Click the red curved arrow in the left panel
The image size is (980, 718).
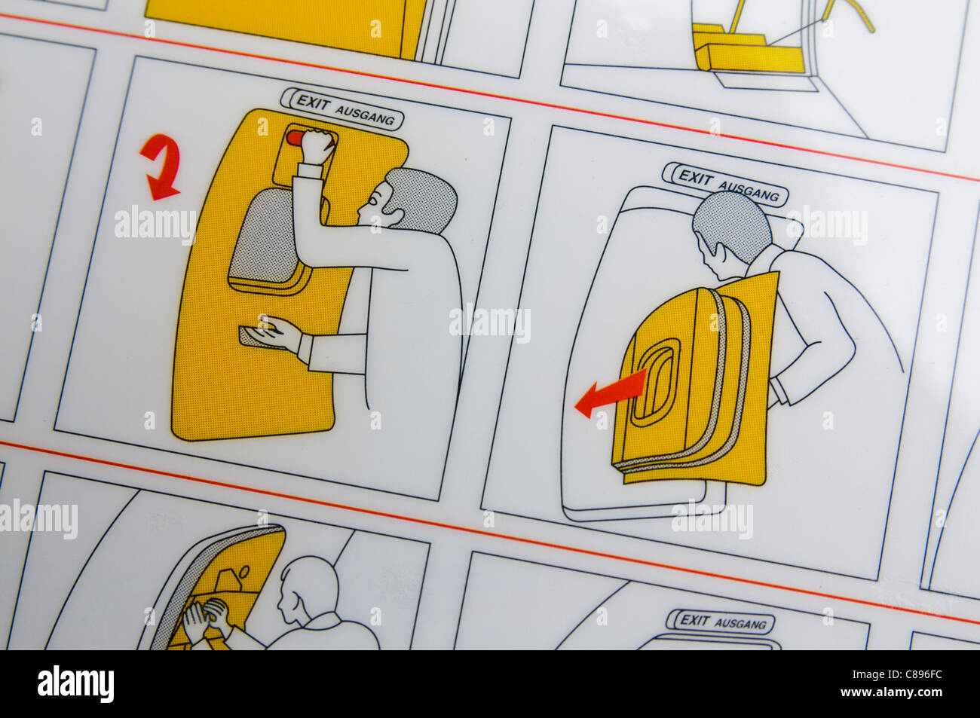coord(160,167)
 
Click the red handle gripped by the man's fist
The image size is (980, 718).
coord(296,138)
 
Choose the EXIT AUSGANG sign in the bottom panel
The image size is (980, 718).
coord(721,622)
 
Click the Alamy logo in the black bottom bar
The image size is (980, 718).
coord(75,684)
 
